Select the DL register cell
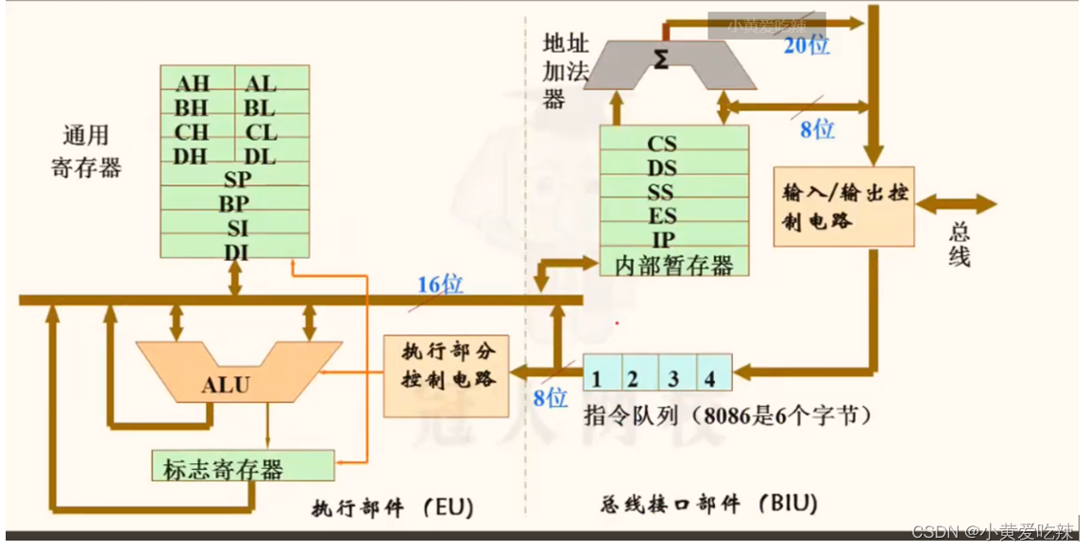(x=261, y=156)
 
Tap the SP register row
(x=236, y=179)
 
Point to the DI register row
(x=236, y=251)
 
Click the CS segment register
(x=662, y=144)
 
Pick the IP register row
(x=662, y=240)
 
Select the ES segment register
(x=662, y=215)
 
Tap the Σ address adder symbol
(x=661, y=60)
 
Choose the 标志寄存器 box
(x=243, y=467)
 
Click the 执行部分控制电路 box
(x=446, y=376)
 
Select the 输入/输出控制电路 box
(x=844, y=207)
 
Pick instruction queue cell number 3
(x=673, y=380)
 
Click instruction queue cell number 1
(x=597, y=380)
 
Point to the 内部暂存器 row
(x=674, y=265)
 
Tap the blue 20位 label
(x=806, y=44)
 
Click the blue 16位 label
(x=440, y=284)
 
